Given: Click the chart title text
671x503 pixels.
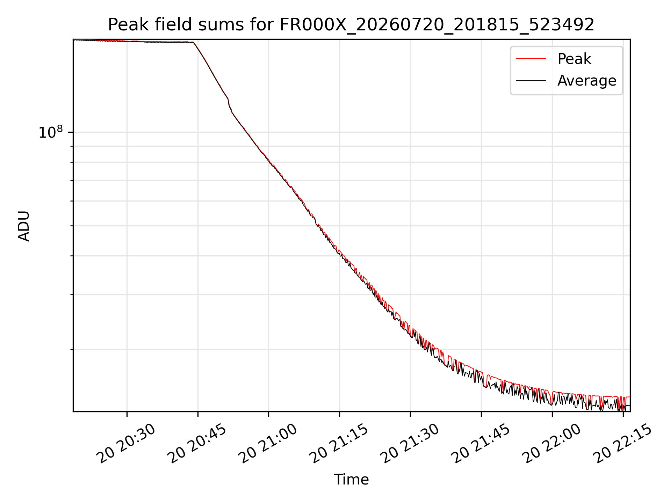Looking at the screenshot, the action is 351,25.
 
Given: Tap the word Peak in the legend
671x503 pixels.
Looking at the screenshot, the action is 574,59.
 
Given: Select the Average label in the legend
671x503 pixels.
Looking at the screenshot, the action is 587,81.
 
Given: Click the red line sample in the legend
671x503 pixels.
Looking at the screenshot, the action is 531,59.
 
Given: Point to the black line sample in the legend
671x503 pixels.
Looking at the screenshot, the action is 531,81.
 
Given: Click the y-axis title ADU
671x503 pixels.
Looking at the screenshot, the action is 24,226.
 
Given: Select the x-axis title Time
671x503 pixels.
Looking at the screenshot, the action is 351,479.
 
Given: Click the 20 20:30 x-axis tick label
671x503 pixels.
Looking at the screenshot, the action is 127,443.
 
